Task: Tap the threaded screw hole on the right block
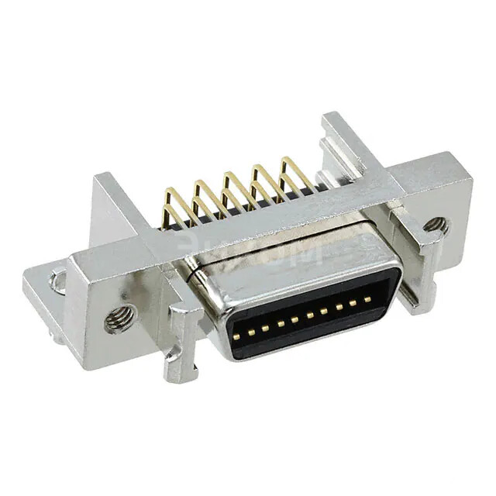435,226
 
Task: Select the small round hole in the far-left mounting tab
58,281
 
